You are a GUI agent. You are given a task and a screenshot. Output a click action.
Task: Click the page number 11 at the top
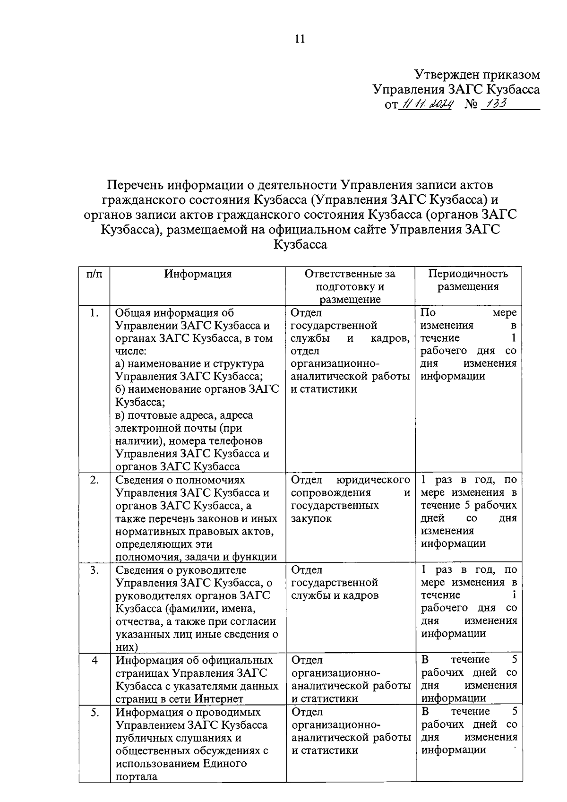pos(300,39)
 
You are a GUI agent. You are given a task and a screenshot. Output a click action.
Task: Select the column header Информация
pos(198,274)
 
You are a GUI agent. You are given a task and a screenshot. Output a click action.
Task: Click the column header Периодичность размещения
pos(468,280)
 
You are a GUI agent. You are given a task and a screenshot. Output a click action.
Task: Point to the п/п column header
pos(94,274)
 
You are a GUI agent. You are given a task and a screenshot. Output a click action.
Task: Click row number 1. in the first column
pos(94,313)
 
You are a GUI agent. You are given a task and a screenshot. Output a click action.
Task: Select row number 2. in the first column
pos(94,480)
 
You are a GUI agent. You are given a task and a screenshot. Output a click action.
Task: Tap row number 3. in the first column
pos(94,570)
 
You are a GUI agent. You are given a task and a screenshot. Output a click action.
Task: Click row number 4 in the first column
pos(94,660)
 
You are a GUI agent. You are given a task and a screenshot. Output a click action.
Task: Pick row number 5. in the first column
pos(94,712)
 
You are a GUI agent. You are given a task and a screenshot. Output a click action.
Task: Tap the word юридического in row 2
pos(373,480)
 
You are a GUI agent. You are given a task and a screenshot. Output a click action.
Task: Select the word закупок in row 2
pos(311,518)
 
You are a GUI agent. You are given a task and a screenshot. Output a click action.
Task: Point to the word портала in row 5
pos(137,776)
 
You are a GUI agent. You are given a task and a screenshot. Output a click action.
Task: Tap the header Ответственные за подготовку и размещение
pos(350,286)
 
